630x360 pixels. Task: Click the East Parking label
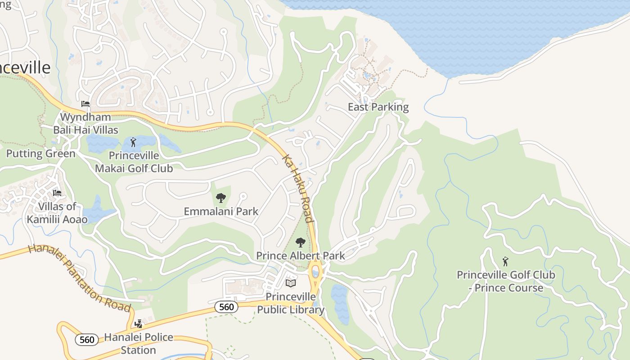[x=378, y=107]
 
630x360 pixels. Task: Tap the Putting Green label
[x=40, y=153]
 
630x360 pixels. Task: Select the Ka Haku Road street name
[x=297, y=189]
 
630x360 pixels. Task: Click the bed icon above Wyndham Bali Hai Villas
[x=85, y=104]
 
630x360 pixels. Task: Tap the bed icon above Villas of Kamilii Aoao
[x=57, y=193]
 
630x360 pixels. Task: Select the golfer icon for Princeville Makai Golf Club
[x=133, y=143]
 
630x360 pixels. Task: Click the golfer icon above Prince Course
[x=505, y=261]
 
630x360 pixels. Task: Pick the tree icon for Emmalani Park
[x=220, y=198]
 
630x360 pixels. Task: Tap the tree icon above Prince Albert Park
[x=300, y=243]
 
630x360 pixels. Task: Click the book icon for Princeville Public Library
[x=291, y=283]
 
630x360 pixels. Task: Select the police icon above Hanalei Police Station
[x=139, y=324]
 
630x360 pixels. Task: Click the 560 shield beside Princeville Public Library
[x=226, y=307]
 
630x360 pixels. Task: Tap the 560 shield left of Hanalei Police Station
[x=86, y=339]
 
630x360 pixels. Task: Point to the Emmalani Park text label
[x=221, y=211]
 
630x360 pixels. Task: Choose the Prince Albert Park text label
[x=300, y=256]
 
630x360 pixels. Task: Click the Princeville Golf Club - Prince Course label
[x=506, y=281]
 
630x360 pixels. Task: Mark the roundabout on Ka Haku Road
[x=315, y=272]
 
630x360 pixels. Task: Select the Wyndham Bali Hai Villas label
[x=85, y=123]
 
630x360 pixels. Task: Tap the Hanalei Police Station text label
[x=139, y=343]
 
